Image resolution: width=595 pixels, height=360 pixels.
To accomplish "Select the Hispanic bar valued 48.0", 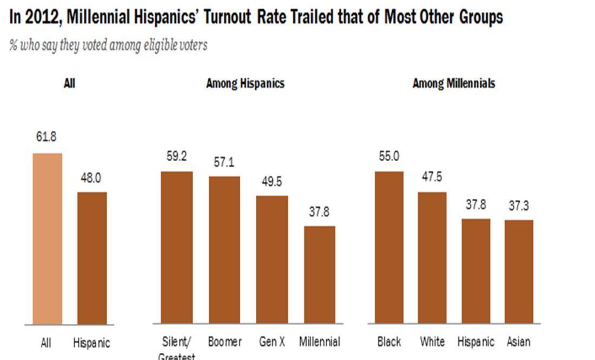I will click(x=92, y=258).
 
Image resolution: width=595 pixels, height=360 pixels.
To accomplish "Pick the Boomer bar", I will click(x=224, y=250).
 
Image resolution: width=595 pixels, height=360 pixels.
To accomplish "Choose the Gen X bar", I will click(x=272, y=260).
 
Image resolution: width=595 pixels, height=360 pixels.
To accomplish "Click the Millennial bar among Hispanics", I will click(x=320, y=275).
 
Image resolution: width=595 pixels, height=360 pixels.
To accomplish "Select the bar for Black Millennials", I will click(x=388, y=248).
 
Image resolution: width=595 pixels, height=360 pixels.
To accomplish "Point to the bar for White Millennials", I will click(x=432, y=258).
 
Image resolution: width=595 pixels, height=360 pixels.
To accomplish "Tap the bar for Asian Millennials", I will click(x=519, y=272).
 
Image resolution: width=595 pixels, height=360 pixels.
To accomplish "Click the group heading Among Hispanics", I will click(x=245, y=84).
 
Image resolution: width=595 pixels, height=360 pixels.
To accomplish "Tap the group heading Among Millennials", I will click(x=453, y=84).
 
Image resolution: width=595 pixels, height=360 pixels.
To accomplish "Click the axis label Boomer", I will click(x=224, y=342).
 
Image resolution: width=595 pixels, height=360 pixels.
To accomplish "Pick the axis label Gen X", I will click(x=272, y=342).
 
